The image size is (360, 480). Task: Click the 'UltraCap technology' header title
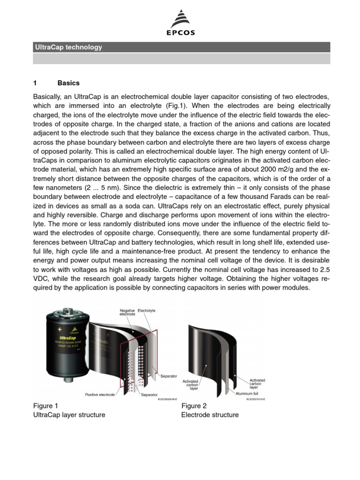pos(68,47)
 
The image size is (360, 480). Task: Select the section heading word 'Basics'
pos(68,83)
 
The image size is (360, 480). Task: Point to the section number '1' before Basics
pos(35,83)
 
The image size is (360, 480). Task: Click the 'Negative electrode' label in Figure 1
pos(127,312)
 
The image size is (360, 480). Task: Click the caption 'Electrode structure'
pos(210,415)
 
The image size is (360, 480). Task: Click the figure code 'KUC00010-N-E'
pos(255,399)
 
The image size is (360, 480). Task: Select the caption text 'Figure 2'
pos(194,405)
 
